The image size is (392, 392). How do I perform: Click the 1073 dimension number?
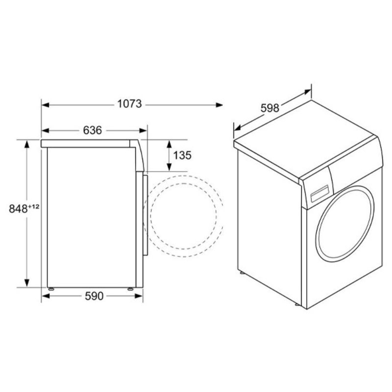coord(129,104)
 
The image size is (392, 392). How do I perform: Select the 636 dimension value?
coord(93,130)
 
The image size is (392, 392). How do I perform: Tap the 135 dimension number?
coord(182,155)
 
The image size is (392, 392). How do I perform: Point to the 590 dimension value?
coord(94,296)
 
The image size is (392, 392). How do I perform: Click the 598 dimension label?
coord(270,108)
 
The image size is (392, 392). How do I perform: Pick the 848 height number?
coord(18,209)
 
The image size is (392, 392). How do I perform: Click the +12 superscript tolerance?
coord(34,206)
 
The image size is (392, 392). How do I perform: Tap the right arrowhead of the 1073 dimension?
coord(219,105)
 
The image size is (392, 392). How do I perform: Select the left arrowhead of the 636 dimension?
coord(45,130)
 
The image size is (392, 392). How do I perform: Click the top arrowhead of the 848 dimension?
coord(26,144)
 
